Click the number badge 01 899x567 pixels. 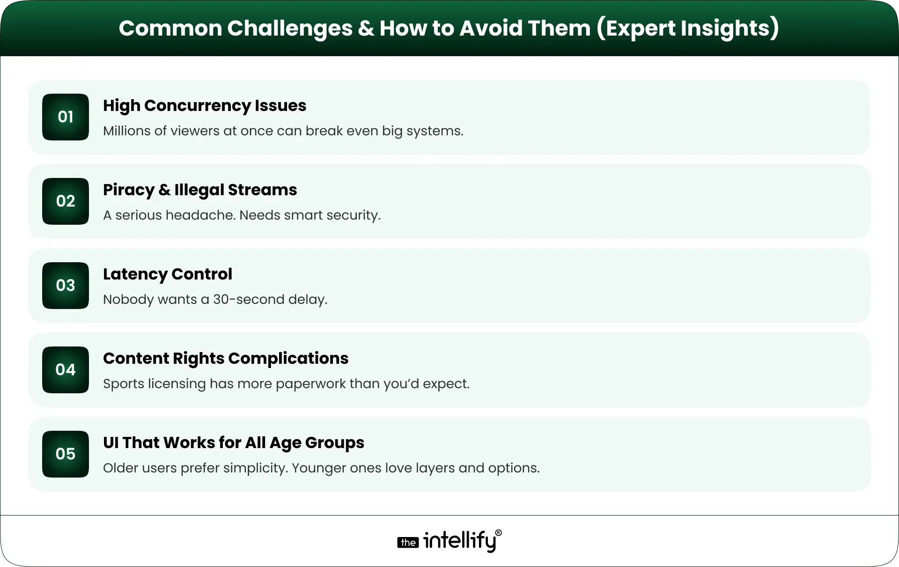pos(66,117)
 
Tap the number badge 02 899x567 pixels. pos(66,201)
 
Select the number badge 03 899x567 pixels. pos(66,286)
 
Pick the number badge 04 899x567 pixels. pos(66,370)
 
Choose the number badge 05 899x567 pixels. pos(66,454)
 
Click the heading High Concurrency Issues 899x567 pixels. pos(204,106)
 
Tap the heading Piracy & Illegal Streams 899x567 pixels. pos(200,190)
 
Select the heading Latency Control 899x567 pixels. pos(167,274)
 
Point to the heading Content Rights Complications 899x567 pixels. pos(226,359)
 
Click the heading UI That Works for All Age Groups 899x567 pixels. pos(233,443)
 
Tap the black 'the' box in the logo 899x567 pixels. pos(408,543)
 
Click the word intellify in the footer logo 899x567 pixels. pos(459,541)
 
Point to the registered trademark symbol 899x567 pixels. pos(498,533)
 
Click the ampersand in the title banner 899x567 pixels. pos(365,28)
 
